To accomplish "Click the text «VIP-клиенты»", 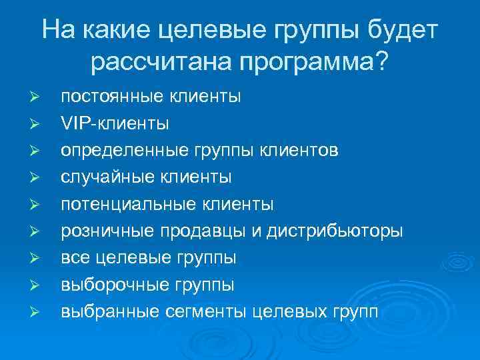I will pyautogui.click(x=115, y=123).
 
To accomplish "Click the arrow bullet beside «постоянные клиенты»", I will pyautogui.click(x=37, y=97).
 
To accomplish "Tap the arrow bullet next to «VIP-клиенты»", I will pyautogui.click(x=37, y=124).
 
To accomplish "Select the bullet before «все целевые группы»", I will pyautogui.click(x=37, y=257).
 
